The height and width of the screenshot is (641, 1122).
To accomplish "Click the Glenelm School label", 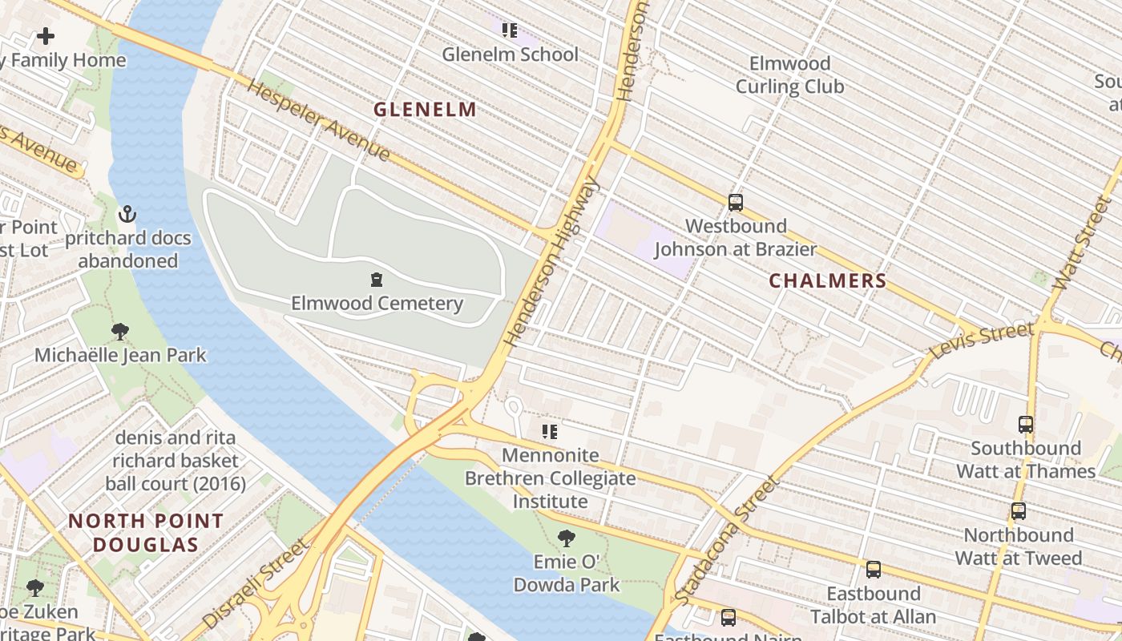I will pos(510,54).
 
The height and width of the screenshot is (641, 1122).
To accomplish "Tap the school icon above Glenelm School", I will pos(509,30).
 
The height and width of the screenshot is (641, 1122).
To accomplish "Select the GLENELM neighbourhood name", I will pos(425,109).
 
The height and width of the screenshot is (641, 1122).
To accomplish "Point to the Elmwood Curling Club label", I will pos(789,75).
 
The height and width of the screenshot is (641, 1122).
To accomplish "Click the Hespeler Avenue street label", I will pos(318,120).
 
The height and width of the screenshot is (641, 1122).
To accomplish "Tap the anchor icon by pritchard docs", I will pos(127,214).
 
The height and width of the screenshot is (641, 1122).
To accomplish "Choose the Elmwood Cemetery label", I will pos(377,303).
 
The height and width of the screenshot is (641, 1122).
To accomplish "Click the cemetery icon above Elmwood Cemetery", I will pos(376,280).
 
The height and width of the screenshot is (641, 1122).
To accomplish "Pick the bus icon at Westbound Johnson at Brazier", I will pos(735,203).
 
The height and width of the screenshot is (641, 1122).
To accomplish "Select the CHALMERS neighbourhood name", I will pos(828,280).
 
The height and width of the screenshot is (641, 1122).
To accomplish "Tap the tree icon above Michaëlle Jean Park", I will pos(120,331).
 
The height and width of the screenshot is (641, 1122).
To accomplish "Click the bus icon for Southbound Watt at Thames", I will pos(1025,425).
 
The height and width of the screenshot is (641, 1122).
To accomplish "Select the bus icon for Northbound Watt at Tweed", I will pos(1018,511).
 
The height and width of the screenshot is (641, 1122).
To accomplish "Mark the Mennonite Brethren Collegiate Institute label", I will pos(550,478).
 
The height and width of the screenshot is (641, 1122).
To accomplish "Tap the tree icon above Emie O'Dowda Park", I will pos(567,538).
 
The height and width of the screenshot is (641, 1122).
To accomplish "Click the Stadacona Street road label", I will pos(726,542).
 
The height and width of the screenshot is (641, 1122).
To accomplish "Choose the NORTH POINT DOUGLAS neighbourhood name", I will pos(145,533).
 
